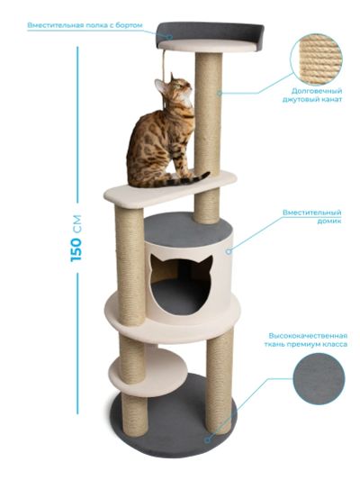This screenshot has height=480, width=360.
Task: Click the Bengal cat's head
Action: point(174,90)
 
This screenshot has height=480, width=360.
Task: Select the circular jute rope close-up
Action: point(316,59)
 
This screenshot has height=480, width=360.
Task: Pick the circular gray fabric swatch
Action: point(319,378)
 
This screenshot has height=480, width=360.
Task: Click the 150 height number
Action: point(76,249)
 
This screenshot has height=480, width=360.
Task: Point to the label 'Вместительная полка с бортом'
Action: point(85,25)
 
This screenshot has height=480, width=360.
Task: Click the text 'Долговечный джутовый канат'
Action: point(312,95)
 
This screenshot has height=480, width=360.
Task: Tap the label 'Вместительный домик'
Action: point(311,216)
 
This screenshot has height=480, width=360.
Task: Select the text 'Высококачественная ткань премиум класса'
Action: point(306,340)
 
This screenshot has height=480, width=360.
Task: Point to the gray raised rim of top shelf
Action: point(210,31)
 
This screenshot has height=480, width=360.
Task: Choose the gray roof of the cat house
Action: point(187,229)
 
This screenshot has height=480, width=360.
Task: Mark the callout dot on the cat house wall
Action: point(229,251)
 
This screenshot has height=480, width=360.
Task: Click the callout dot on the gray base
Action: point(208,439)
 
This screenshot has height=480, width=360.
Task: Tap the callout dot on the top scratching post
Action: point(220,93)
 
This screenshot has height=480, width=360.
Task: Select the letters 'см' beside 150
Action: point(76,223)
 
